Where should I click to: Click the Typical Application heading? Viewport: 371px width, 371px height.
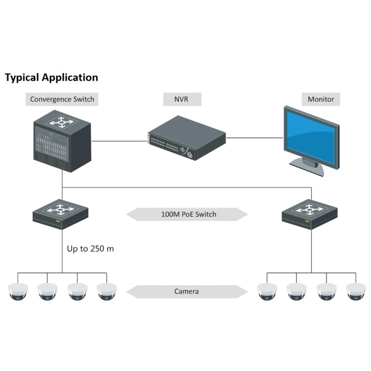point(51,78)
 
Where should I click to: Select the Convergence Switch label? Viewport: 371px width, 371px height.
point(62,99)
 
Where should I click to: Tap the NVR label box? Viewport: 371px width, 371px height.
point(182,99)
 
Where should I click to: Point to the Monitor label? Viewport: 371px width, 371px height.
point(321,99)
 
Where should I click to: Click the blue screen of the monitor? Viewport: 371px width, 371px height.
point(311,135)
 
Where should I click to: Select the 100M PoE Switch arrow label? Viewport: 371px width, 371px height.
point(186,214)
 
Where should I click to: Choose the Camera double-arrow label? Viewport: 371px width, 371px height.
point(186,291)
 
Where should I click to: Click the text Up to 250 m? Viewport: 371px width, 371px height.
point(90,249)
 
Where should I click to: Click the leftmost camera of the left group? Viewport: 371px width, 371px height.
point(18,291)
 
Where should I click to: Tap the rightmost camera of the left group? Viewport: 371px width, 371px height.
point(106,291)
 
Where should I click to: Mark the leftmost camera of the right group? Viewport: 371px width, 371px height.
point(267,291)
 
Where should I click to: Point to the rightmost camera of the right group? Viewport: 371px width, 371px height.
point(355,291)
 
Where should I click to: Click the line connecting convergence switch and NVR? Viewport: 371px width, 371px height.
point(119,141)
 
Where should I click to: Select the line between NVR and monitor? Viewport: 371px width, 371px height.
point(254,137)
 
